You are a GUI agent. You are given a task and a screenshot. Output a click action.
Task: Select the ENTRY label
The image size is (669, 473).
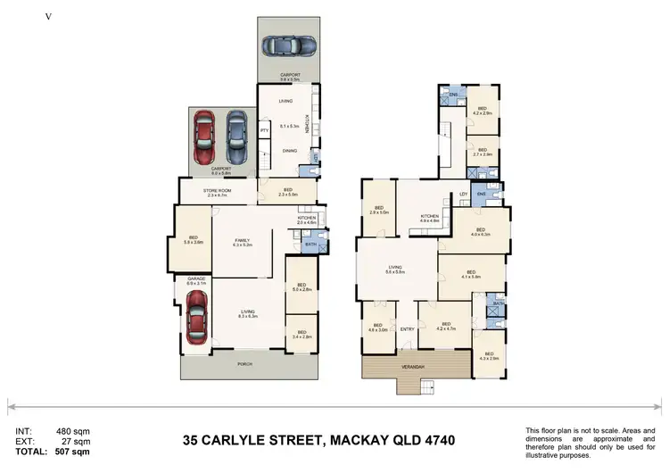click(408, 329)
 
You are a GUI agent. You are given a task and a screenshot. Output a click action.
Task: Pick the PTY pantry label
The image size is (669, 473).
click(264, 131)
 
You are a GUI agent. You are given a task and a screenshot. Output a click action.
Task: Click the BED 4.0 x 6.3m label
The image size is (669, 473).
click(480, 233)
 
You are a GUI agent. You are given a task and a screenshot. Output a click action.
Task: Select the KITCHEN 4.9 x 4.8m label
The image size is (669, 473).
click(430, 217)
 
